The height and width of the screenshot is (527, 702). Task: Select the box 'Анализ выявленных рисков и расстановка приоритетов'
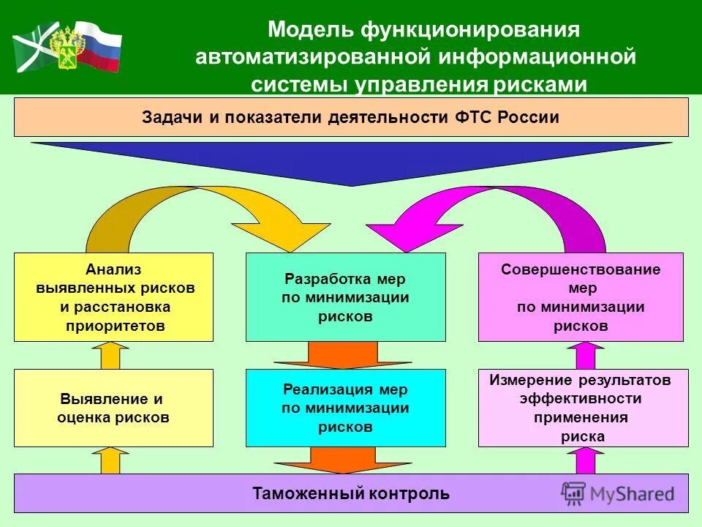click(113, 297)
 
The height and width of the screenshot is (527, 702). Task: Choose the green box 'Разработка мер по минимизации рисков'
click(345, 297)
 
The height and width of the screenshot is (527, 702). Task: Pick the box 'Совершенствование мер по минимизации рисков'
click(581, 297)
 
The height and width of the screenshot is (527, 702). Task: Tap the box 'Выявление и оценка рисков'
click(113, 408)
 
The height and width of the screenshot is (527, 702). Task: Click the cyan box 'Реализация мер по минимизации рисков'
click(345, 408)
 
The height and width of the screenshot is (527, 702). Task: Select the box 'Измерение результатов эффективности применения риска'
click(583, 408)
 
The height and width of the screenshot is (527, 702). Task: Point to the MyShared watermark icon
click(573, 493)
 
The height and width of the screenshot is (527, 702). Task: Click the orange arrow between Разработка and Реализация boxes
click(345, 355)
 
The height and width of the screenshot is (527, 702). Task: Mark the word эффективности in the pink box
click(581, 399)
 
